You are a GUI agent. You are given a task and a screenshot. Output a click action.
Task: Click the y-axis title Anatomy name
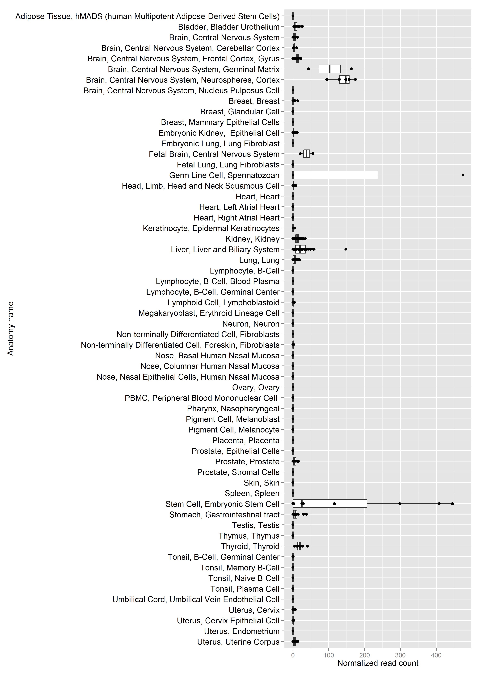click(x=11, y=328)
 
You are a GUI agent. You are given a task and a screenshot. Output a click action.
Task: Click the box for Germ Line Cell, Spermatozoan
click(x=335, y=175)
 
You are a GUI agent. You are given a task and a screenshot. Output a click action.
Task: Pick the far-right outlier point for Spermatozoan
click(x=463, y=175)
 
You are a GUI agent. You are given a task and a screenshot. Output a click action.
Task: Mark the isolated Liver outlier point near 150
click(x=346, y=249)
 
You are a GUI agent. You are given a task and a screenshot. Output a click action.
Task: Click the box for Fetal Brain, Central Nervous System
click(x=307, y=154)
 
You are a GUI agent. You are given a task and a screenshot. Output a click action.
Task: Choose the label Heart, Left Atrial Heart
click(x=239, y=207)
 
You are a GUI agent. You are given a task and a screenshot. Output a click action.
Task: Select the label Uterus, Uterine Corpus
click(x=238, y=642)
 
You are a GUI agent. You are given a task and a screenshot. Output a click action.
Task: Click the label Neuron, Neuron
click(x=251, y=324)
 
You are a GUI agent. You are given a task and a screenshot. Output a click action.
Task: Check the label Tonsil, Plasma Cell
click(x=245, y=589)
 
